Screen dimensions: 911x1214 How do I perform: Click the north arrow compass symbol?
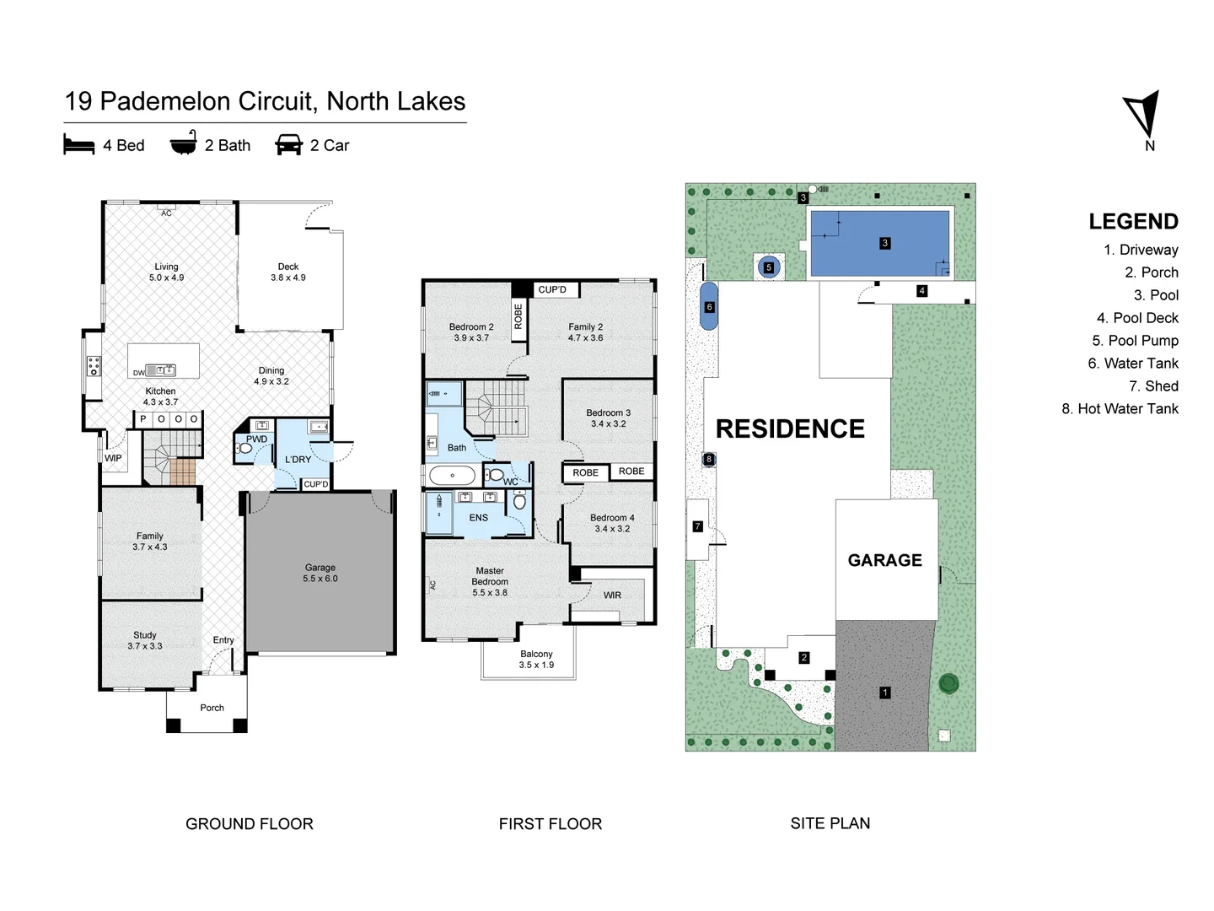click(1142, 116)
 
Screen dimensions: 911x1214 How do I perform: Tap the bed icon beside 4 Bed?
click(79, 145)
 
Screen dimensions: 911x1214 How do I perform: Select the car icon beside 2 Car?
click(288, 145)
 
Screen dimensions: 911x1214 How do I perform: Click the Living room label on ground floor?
click(166, 272)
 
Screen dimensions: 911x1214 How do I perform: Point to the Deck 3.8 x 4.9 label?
click(288, 272)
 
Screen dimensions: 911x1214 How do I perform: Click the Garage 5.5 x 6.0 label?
click(320, 573)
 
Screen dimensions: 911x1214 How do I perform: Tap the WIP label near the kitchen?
click(113, 458)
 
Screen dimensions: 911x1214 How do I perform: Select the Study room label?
click(145, 640)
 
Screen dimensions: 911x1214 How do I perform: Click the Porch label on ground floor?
click(212, 708)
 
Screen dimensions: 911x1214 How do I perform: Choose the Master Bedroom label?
click(490, 581)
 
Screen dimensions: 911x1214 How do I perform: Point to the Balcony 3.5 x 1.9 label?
click(536, 659)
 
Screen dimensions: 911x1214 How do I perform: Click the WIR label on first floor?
click(612, 595)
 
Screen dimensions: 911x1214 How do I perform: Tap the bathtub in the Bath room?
click(453, 476)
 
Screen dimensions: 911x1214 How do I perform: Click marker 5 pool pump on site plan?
click(768, 267)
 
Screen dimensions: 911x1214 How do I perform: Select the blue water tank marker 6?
click(709, 307)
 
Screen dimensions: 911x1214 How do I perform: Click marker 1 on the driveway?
click(884, 693)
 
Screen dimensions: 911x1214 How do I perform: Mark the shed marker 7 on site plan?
click(697, 526)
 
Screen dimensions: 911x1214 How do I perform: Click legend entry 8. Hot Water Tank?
click(1120, 408)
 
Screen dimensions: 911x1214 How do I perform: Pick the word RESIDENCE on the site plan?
click(790, 429)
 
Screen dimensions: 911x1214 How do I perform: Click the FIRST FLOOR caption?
click(550, 823)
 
